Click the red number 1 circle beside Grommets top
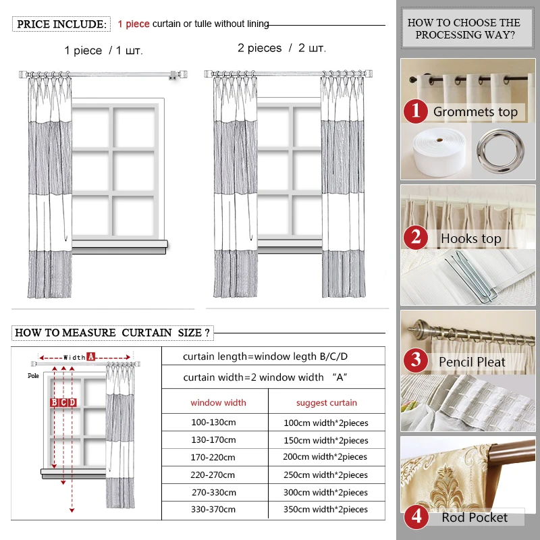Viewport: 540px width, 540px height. click(416, 111)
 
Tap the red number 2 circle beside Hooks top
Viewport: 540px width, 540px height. click(416, 238)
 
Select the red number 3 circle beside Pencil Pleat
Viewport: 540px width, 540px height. click(416, 361)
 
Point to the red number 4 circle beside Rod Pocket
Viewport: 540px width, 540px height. click(416, 518)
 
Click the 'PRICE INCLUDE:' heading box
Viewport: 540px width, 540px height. click(61, 24)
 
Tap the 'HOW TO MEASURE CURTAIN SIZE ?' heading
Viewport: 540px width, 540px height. click(112, 333)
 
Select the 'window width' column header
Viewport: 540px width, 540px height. click(218, 403)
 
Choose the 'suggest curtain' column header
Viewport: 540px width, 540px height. click(327, 403)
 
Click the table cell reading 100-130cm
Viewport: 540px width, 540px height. click(213, 423)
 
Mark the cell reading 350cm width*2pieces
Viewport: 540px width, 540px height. click(327, 510)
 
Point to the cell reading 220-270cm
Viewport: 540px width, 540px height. click(213, 475)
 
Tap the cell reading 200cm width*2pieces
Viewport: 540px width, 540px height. click(327, 457)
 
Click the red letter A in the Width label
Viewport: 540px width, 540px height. click(90, 356)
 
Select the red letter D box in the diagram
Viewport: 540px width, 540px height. click(72, 402)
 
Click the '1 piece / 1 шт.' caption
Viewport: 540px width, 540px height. click(103, 51)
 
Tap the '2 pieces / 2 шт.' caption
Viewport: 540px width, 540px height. click(281, 49)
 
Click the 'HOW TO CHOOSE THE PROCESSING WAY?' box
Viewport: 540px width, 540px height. click(464, 29)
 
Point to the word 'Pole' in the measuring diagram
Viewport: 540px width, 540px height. click(33, 375)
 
